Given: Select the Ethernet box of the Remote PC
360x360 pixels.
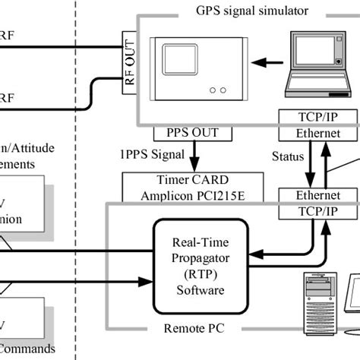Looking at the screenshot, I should pyautogui.click(x=317, y=196).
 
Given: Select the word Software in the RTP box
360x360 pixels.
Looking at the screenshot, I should pyautogui.click(x=199, y=290).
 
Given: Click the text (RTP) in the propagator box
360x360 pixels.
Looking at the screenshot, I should pyautogui.click(x=199, y=274).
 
